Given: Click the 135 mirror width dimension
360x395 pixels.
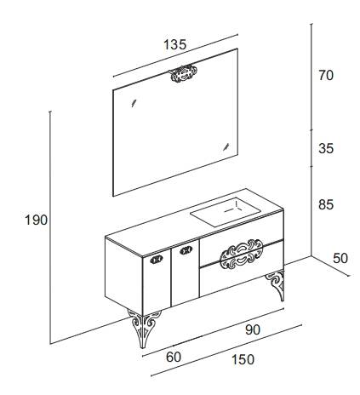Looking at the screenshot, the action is pos(175,44).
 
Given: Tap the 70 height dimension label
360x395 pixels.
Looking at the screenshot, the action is pos(326,76).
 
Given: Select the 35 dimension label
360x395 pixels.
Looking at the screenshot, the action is pos(326,148).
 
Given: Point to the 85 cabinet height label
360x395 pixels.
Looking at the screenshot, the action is pos(326,204).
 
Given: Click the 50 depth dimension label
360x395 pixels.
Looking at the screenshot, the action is pos(340,258).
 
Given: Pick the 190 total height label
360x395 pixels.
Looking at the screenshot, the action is pos(37,220).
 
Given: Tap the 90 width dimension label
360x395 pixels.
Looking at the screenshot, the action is pos(253,329).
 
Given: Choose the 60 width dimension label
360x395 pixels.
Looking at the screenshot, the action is pos(174,357).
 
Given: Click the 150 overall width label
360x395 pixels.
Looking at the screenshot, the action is pos(243,359).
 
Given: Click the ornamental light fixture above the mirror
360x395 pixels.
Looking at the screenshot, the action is pos(182,73).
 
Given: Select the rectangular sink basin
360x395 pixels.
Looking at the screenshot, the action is pos(226,212).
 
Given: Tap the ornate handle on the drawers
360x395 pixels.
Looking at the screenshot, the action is pos(242,254).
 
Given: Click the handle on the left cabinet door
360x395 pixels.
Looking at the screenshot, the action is pos(157,259).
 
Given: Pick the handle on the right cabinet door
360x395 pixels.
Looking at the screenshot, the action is pos(186,250).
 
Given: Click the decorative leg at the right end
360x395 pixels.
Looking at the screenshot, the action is pos(275,285).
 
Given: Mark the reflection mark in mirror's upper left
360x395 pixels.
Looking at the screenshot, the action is pos(134,103).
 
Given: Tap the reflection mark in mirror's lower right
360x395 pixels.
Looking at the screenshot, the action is pos(226,146).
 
